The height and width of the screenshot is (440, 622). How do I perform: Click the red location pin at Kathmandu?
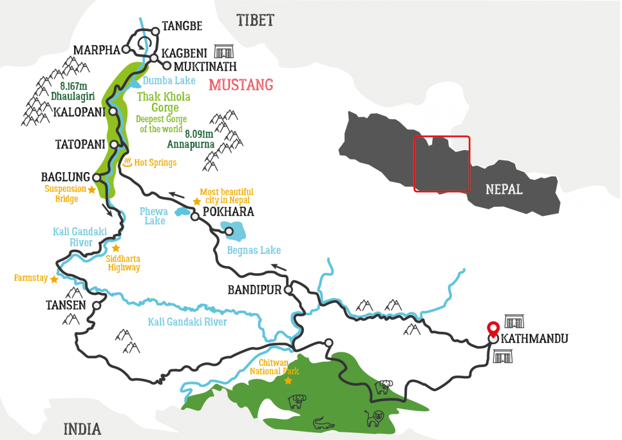click(x=493, y=329)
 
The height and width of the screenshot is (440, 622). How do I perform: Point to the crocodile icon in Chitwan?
click(x=324, y=424)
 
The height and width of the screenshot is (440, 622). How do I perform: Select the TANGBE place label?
click(x=182, y=26)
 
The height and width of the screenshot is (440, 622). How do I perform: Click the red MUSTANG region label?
click(x=241, y=84)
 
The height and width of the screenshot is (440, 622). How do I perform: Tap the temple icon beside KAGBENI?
click(x=224, y=51)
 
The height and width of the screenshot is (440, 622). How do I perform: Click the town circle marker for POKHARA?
click(x=195, y=217)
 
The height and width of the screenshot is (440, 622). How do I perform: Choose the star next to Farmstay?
click(x=53, y=279)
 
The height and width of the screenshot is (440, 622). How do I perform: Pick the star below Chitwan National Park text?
click(x=288, y=381)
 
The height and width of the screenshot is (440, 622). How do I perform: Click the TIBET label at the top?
click(x=255, y=21)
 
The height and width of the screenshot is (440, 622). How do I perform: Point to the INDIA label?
click(x=82, y=429)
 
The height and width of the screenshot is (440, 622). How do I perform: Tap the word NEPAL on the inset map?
click(x=504, y=189)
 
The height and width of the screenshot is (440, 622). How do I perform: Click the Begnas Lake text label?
click(x=254, y=251)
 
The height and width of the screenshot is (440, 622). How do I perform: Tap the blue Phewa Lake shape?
click(x=182, y=211)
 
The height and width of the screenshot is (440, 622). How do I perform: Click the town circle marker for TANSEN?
click(x=96, y=306)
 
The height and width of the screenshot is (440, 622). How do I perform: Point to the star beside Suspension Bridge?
click(x=92, y=190)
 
